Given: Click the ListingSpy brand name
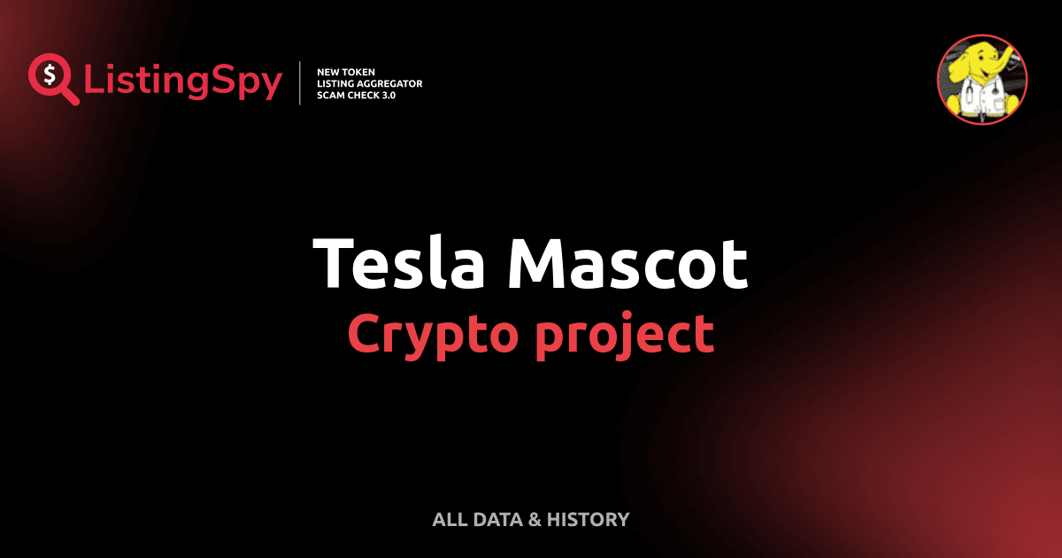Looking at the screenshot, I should click(x=183, y=81).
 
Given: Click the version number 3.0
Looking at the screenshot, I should click(x=386, y=95).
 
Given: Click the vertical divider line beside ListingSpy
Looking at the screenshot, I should click(x=301, y=82).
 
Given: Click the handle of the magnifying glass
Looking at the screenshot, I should click(x=70, y=97).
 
